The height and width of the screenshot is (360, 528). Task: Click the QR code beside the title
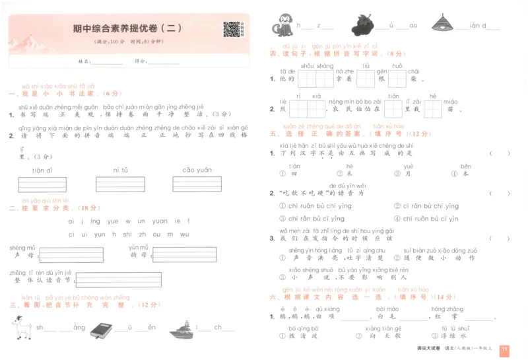tap(231, 30)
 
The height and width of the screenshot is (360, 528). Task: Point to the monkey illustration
tap(283, 25)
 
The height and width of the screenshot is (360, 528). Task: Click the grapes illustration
tap(362, 24)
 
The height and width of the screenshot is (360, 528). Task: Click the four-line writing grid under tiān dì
tap(42, 184)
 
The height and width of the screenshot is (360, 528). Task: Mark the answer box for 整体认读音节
tap(119, 279)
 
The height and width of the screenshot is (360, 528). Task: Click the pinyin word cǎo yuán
tap(196, 170)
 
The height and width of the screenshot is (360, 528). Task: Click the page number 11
tap(504, 349)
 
